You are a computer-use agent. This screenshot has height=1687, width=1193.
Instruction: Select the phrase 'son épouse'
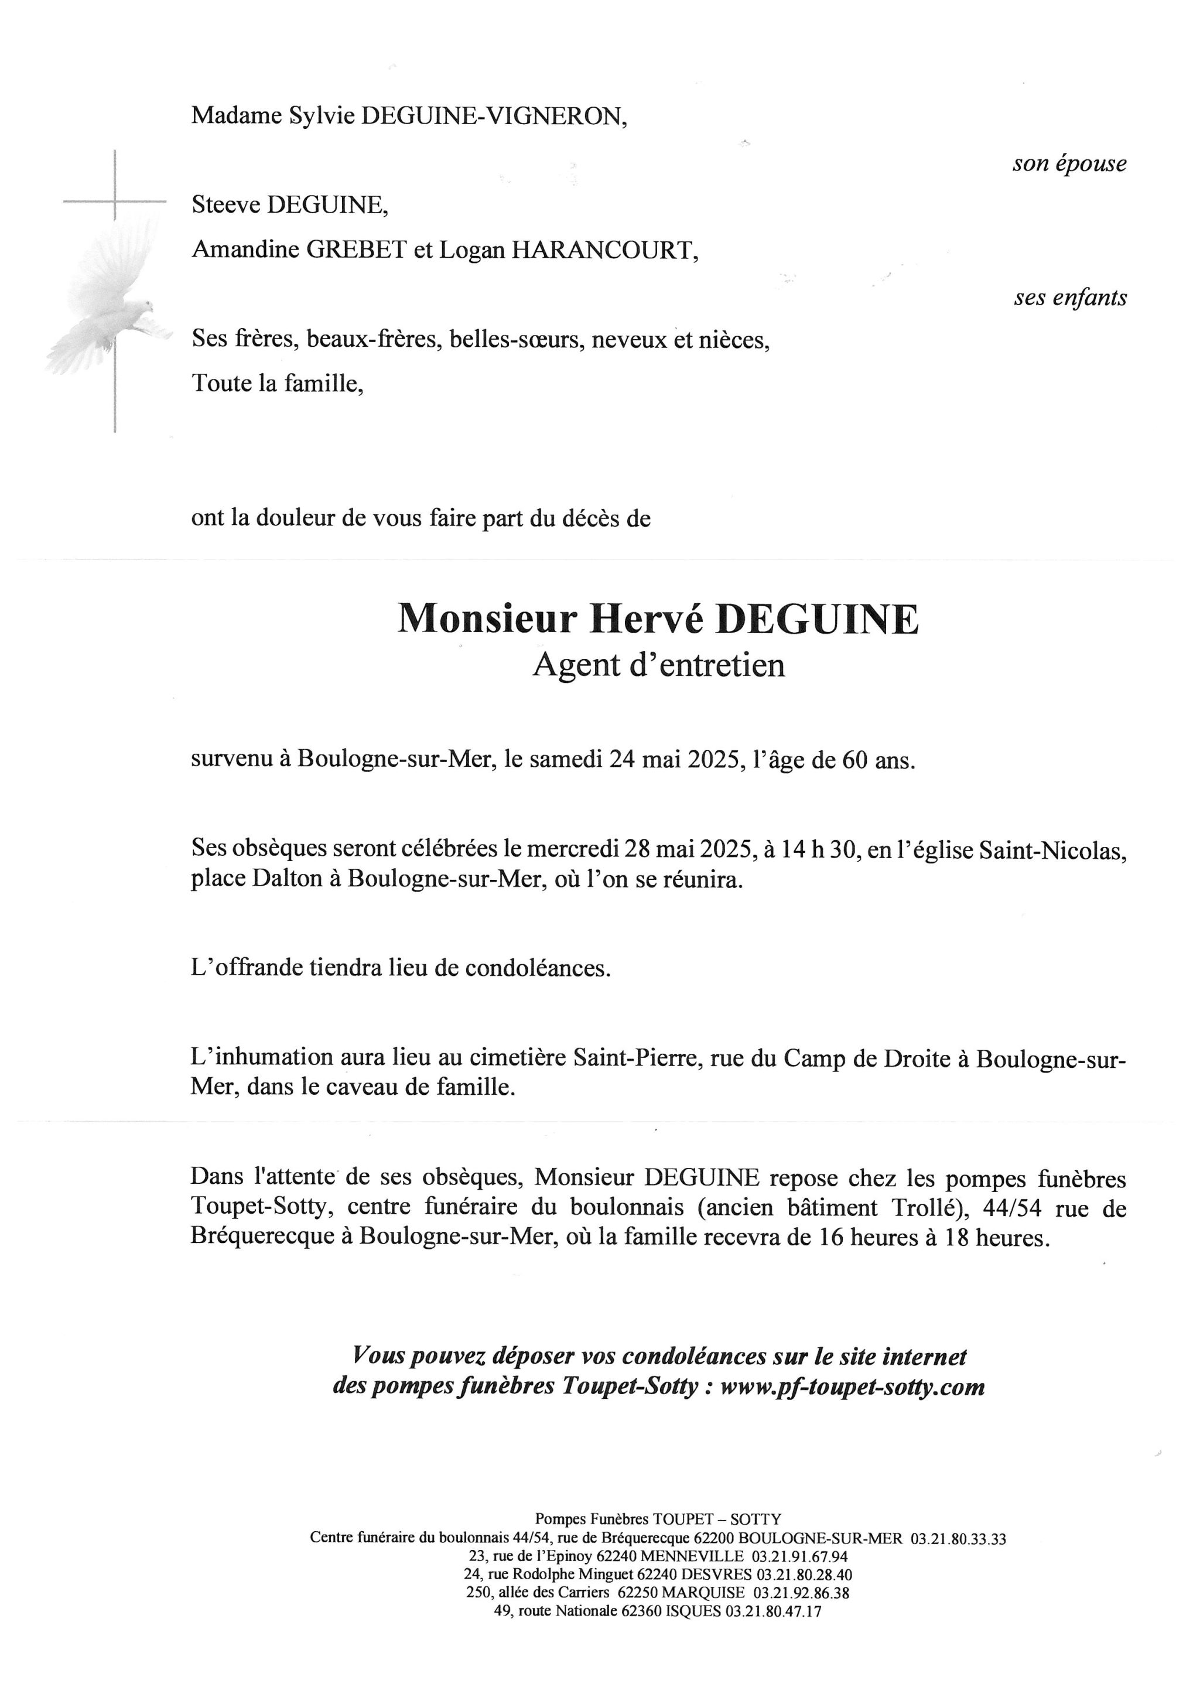click(1069, 163)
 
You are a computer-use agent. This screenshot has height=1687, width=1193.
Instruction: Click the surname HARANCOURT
click(603, 251)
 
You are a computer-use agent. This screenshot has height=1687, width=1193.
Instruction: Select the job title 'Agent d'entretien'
click(658, 665)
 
